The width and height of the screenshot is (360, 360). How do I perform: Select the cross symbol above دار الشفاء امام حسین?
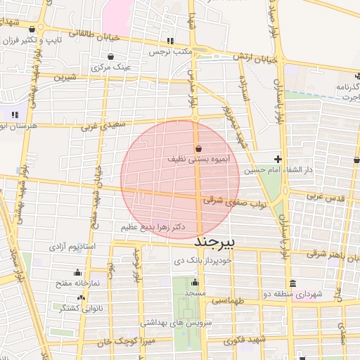coord(278,160)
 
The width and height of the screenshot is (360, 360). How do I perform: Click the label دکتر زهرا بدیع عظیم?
coord(153,227)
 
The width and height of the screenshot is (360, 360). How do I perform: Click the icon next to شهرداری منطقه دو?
coord(293,283)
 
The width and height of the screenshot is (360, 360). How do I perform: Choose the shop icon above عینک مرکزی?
coord(111,56)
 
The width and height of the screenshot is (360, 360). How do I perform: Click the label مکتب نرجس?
coord(169,52)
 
